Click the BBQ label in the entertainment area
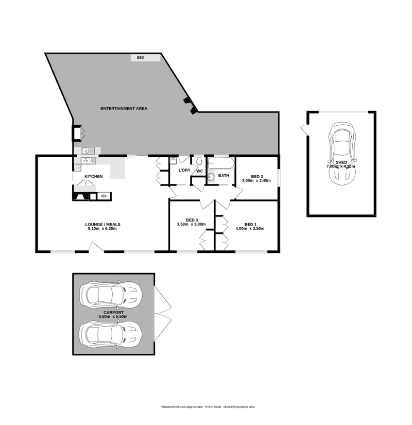point(141,58)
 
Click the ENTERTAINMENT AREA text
point(124,109)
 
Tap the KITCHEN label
point(94,177)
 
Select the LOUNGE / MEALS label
point(102,225)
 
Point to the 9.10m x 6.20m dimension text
point(102,229)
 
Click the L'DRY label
point(184,171)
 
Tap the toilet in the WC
point(198,161)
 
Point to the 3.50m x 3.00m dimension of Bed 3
point(191,225)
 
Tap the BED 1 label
point(250,225)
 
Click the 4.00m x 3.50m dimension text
point(250,229)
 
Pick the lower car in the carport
point(110,334)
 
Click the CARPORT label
point(113,312)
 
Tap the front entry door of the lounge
point(95,249)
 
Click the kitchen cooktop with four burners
point(78,167)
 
